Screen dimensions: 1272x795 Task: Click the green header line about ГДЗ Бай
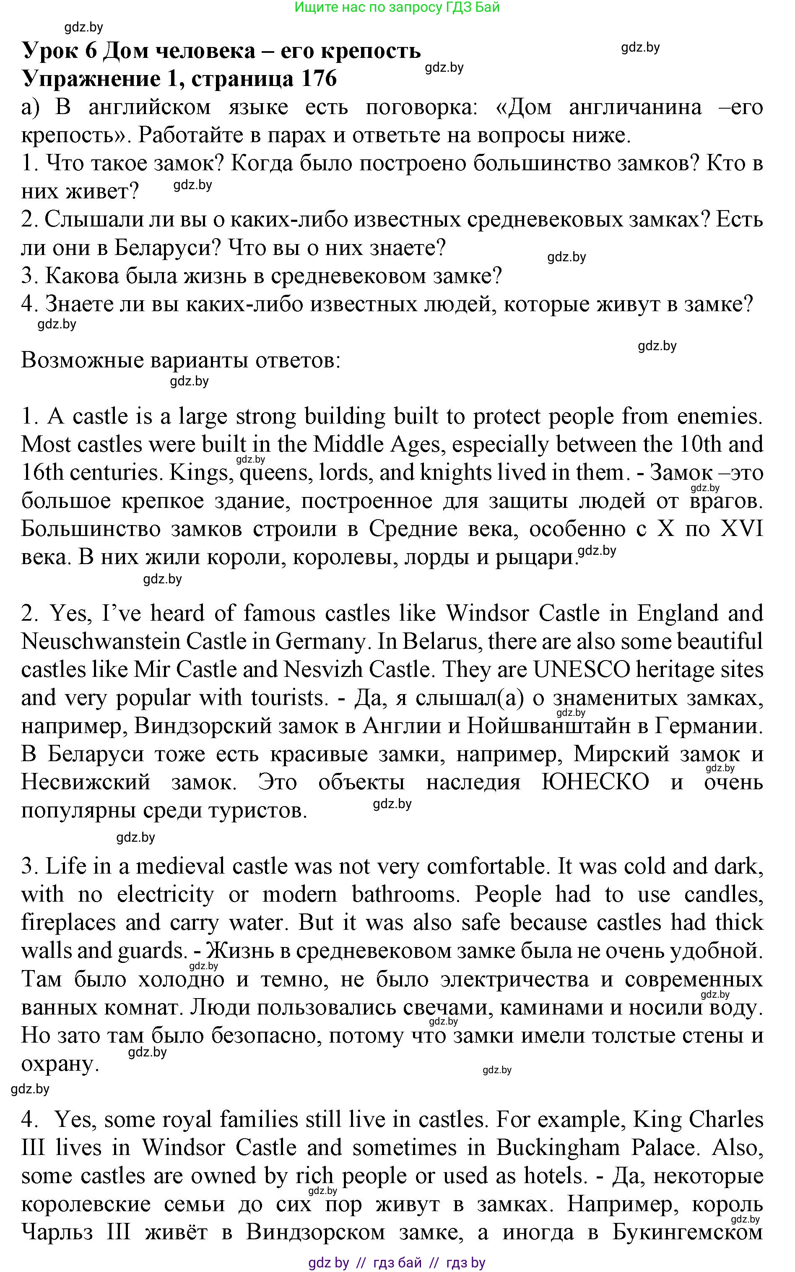(397, 8)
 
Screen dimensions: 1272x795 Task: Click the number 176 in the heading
(319, 78)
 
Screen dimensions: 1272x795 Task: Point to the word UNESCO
(582, 669)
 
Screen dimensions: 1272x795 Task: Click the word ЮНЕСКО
(595, 783)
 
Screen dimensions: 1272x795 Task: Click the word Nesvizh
(321, 669)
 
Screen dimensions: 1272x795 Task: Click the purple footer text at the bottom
(397, 1262)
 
